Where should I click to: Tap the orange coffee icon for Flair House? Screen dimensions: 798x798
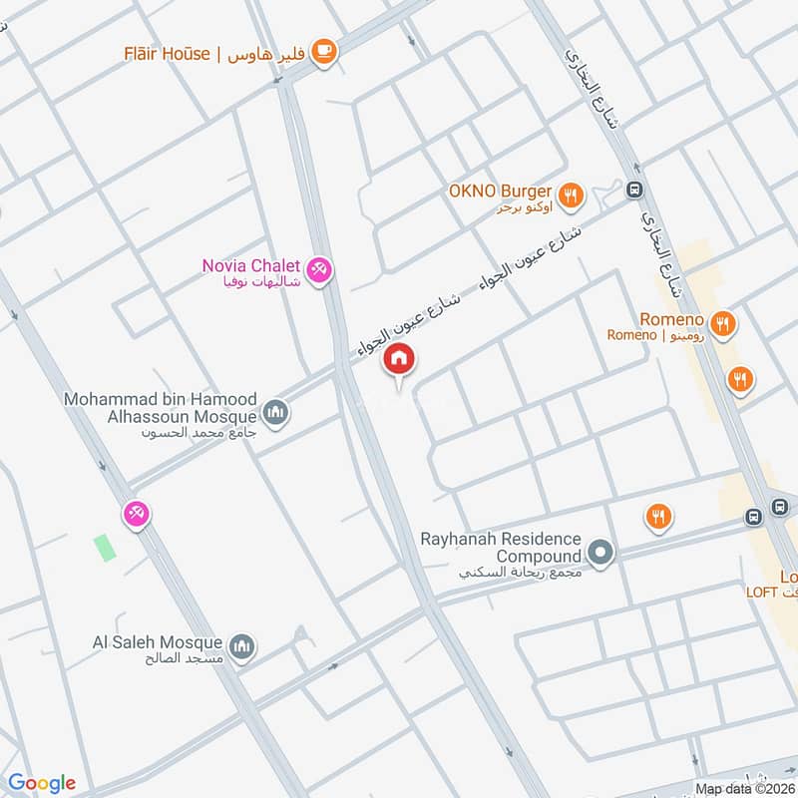(x=323, y=52)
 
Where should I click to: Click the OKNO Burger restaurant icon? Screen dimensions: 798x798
(x=571, y=196)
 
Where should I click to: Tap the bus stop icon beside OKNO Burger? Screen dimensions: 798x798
(x=632, y=190)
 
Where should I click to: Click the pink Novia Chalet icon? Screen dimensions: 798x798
(x=319, y=270)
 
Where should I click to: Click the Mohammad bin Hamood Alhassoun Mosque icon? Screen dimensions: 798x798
(x=276, y=412)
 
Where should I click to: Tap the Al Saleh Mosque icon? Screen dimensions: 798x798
(x=241, y=649)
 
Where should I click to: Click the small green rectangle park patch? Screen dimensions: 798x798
(x=104, y=548)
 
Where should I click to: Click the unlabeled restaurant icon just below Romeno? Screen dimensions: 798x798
(x=740, y=379)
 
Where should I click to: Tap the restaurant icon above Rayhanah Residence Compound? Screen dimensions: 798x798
(x=657, y=517)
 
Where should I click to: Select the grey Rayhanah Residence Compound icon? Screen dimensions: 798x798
(x=599, y=554)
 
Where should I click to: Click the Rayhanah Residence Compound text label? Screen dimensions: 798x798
(x=500, y=547)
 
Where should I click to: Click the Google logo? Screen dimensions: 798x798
(x=42, y=783)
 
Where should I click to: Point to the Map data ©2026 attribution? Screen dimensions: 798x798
(x=743, y=789)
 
